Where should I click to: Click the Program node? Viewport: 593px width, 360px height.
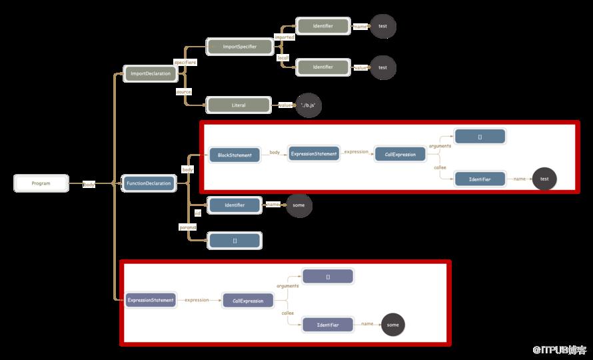(x=41, y=183)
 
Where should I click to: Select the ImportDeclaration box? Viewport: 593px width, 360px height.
(x=150, y=73)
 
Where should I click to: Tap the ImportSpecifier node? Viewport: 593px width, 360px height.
(x=240, y=47)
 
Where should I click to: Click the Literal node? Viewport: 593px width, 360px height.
(x=239, y=105)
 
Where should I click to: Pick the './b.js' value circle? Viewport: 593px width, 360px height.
(x=308, y=105)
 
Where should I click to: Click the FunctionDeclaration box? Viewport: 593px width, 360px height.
(x=149, y=183)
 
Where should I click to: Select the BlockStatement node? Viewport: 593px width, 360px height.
(x=235, y=155)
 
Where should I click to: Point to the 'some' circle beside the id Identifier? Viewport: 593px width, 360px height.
(x=298, y=205)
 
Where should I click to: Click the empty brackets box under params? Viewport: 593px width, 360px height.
(x=235, y=241)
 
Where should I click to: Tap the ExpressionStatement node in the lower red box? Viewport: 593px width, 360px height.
(x=151, y=300)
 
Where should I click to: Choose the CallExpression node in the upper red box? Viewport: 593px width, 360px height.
(x=400, y=155)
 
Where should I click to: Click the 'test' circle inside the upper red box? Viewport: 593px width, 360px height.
(x=544, y=179)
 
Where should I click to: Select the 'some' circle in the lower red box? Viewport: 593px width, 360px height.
(x=392, y=325)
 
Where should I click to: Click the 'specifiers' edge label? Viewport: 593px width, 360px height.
(x=185, y=62)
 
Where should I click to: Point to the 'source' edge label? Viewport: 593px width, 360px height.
(x=184, y=91)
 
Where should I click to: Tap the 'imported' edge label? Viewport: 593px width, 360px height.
(x=285, y=37)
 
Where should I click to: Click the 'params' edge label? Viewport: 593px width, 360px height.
(x=188, y=227)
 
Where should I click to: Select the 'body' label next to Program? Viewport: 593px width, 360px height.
(x=89, y=185)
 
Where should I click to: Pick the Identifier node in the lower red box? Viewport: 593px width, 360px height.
(x=328, y=325)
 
